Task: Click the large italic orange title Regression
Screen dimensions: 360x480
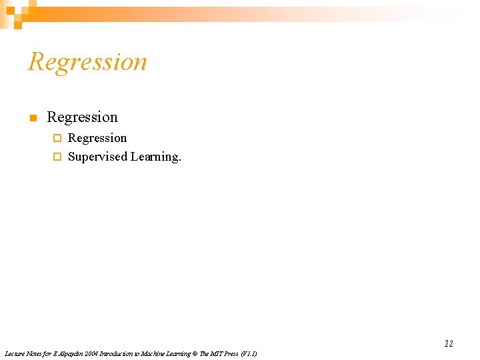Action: coord(87,62)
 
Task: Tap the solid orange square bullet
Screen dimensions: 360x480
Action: coord(31,119)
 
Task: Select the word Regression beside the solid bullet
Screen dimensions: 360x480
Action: coord(82,117)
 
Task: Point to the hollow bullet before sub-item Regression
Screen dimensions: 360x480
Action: coord(57,139)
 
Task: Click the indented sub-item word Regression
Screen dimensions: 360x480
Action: coord(97,138)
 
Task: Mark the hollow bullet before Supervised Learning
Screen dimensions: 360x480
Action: coord(57,157)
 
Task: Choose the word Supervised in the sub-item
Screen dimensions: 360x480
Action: coord(97,157)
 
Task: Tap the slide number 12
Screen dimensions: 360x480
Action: coord(449,343)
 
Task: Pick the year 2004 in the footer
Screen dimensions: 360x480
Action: coord(91,353)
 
